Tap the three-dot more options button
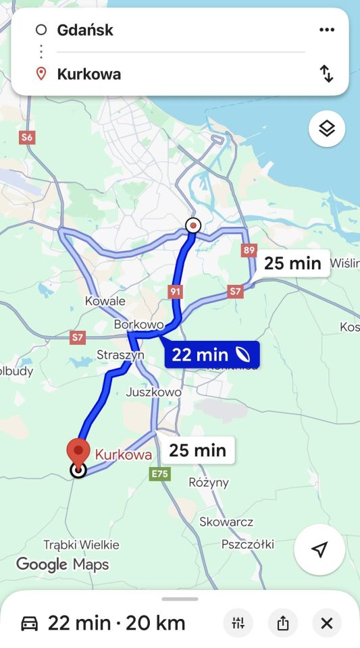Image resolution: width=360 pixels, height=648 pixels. click(327, 30)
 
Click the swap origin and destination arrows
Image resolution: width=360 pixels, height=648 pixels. click(327, 74)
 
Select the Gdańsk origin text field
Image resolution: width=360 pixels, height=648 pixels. click(85, 30)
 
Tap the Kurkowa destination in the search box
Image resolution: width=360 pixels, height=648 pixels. click(89, 74)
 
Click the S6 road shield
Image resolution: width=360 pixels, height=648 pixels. click(26, 138)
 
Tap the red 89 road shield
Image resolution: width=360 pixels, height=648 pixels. click(249, 250)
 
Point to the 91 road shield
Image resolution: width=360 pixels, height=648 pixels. click(176, 291)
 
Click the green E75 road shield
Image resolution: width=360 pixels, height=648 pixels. click(159, 475)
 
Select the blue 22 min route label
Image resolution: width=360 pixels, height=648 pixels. click(211, 354)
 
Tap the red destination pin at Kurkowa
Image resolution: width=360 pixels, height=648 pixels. click(79, 451)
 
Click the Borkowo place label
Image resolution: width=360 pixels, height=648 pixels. click(139, 325)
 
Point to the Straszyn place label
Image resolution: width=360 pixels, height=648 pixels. click(120, 355)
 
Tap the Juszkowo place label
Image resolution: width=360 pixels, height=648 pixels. click(153, 392)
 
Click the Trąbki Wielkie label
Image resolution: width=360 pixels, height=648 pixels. click(81, 544)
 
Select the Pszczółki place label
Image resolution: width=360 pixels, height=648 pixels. click(247, 544)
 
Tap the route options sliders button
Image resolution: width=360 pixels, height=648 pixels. click(238, 623)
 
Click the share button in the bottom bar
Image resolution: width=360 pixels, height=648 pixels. click(283, 623)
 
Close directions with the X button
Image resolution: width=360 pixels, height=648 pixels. click(327, 623)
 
